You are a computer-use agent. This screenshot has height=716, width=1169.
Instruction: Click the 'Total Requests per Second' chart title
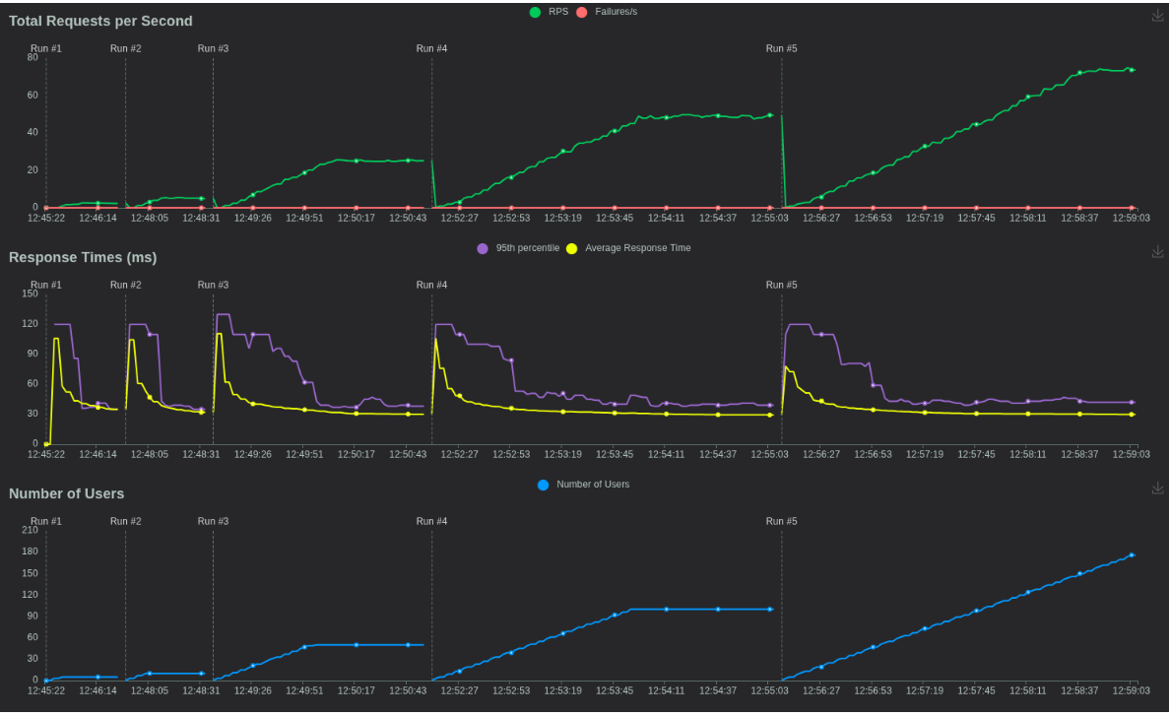point(100,21)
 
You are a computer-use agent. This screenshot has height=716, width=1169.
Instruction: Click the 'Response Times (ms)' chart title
point(83,257)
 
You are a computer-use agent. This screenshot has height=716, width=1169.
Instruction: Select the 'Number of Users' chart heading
point(66,493)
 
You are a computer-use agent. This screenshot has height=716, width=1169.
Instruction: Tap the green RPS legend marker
point(535,12)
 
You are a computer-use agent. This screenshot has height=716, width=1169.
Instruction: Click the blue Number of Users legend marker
point(543,485)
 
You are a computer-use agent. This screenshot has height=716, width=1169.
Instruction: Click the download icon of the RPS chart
point(1157,15)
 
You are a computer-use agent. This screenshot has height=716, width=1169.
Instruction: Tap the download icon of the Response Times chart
point(1157,251)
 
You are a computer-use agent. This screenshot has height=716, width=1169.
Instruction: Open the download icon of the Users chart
point(1157,488)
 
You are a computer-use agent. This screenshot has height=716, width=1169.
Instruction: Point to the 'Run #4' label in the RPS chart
point(431,48)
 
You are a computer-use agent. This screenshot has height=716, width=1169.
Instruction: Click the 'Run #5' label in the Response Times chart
point(782,285)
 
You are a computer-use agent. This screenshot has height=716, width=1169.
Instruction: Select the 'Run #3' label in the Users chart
point(213,521)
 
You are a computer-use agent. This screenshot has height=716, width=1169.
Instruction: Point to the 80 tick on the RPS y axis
point(32,57)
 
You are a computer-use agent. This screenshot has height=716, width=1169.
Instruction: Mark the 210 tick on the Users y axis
point(29,530)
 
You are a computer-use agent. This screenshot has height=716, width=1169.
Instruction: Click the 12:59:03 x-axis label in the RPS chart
point(1132,218)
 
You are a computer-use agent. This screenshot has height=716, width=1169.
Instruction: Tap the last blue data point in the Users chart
point(1132,555)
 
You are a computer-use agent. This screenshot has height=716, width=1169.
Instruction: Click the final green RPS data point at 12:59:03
point(1132,70)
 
